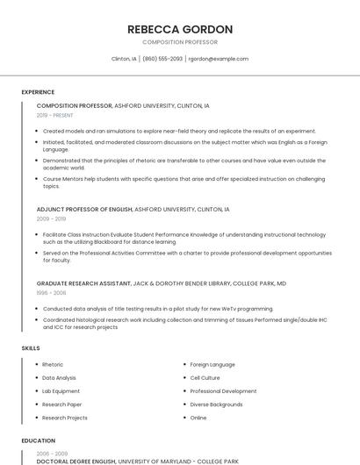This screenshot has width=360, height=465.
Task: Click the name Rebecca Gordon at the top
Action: point(180,29)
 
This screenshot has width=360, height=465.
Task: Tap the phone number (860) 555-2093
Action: point(162,59)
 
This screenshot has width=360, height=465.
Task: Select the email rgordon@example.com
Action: point(219,59)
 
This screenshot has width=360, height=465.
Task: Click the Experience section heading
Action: point(38,92)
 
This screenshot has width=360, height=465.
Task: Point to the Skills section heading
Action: point(31,348)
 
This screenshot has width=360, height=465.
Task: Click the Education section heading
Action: point(38,440)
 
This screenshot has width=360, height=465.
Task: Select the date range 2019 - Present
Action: point(55,115)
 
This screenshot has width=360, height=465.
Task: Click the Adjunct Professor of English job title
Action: point(84,210)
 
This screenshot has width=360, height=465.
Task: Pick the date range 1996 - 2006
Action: point(51,293)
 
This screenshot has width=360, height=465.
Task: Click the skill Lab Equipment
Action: point(61,391)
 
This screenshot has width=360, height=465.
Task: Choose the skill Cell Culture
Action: point(205,378)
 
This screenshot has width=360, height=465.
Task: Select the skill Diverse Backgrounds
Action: point(216,404)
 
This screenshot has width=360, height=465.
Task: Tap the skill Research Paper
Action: point(61,404)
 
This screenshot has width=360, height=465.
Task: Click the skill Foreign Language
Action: point(212,364)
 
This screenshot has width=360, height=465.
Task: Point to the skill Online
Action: point(198,418)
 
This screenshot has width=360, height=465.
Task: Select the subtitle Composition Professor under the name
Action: point(180,42)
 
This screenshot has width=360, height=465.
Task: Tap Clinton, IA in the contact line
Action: point(124,59)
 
